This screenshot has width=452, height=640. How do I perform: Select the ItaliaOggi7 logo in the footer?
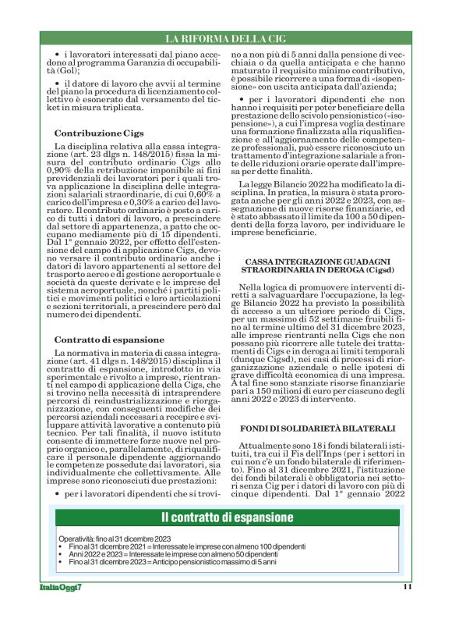pyautogui.click(x=61, y=587)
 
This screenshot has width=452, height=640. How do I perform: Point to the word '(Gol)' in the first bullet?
pyautogui.click(x=67, y=70)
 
